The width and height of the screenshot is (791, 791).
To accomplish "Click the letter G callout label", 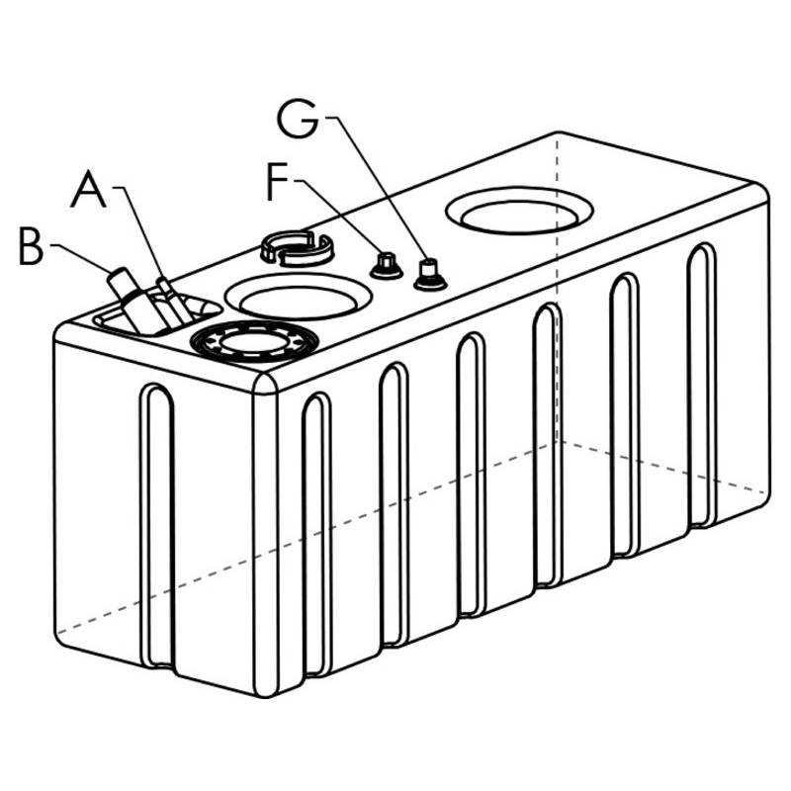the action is tap(298, 120).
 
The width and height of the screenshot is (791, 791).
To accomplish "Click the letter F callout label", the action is tap(277, 181).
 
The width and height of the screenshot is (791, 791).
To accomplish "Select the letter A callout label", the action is tap(88, 189).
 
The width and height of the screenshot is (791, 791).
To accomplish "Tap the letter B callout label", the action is tap(31, 245).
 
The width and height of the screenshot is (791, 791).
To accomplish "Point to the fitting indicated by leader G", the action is tap(429, 275).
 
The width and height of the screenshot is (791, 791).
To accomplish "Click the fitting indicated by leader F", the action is tap(386, 266).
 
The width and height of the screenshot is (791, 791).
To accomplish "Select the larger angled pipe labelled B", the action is tap(132, 299).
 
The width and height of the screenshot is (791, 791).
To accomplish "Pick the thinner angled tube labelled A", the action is tap(174, 301).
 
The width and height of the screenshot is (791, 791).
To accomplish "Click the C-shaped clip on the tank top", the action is tap(297, 248).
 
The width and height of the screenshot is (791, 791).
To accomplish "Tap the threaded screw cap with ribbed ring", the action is tap(254, 343).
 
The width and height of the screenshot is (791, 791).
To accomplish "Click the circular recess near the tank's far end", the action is tap(520, 212).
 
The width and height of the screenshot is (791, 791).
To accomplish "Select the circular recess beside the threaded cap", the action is tap(299, 297).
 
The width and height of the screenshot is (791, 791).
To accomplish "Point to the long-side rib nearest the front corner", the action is tap(316, 534).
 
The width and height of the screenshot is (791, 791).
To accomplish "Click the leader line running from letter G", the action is tap(380, 190).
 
